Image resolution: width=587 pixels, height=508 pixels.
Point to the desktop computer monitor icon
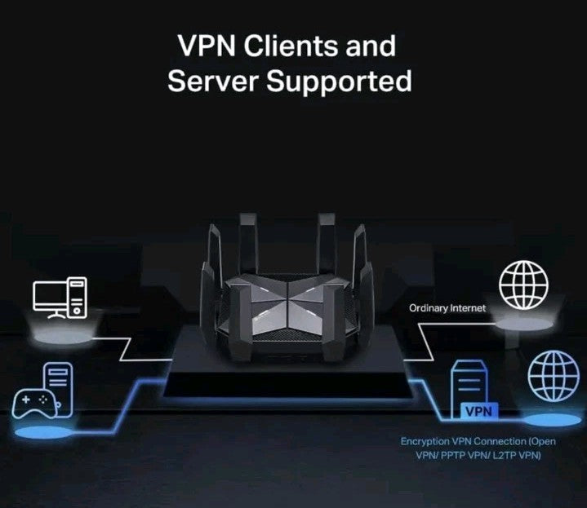pyautogui.click(x=49, y=297)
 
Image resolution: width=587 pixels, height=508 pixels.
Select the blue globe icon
pyautogui.click(x=553, y=376)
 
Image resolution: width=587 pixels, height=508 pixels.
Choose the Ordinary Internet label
pyautogui.click(x=447, y=308)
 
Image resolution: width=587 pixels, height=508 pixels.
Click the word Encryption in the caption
pyautogui.click(x=427, y=441)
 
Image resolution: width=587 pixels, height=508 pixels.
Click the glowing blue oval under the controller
pyautogui.click(x=45, y=432)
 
